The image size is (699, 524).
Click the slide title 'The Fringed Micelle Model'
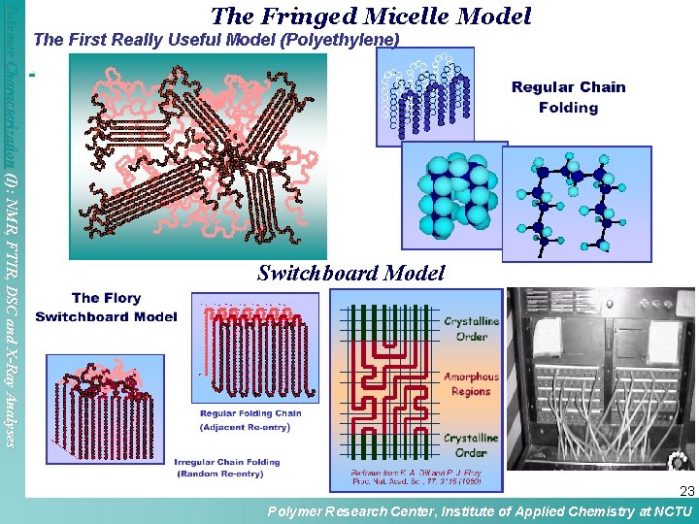point(371,16)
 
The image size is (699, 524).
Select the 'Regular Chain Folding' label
point(568,97)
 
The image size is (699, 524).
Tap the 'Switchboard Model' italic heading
point(350,274)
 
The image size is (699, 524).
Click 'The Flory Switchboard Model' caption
point(106,307)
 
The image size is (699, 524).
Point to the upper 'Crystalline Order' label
point(471,328)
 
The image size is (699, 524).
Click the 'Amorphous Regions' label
point(471,384)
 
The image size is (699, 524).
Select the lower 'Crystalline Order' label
point(471,445)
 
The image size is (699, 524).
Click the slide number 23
point(686,492)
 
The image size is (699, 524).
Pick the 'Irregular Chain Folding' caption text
point(227,462)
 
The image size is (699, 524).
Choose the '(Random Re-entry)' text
point(227,474)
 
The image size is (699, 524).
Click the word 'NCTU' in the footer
point(673,512)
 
